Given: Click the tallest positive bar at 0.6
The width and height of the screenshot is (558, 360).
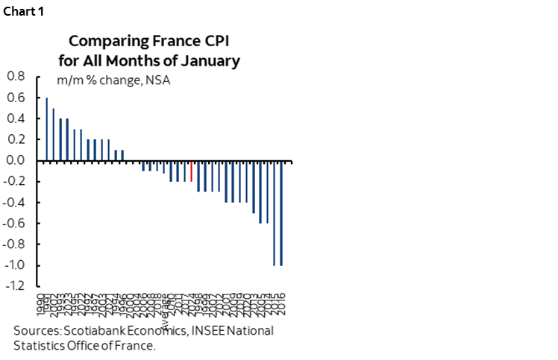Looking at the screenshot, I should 46,129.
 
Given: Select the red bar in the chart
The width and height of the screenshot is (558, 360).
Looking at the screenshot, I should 192,171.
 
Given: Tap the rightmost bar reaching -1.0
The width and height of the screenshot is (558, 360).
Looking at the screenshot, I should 281,212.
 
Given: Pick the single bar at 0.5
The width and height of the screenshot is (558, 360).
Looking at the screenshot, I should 53,134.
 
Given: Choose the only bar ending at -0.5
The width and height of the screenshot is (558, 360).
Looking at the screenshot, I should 254,186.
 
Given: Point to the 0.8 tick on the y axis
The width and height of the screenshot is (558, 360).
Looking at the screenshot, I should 16,76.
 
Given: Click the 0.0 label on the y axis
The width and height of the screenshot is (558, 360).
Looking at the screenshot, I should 16,160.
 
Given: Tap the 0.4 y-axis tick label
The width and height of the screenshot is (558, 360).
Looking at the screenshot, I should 16,118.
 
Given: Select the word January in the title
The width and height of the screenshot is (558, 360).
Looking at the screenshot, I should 213,61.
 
